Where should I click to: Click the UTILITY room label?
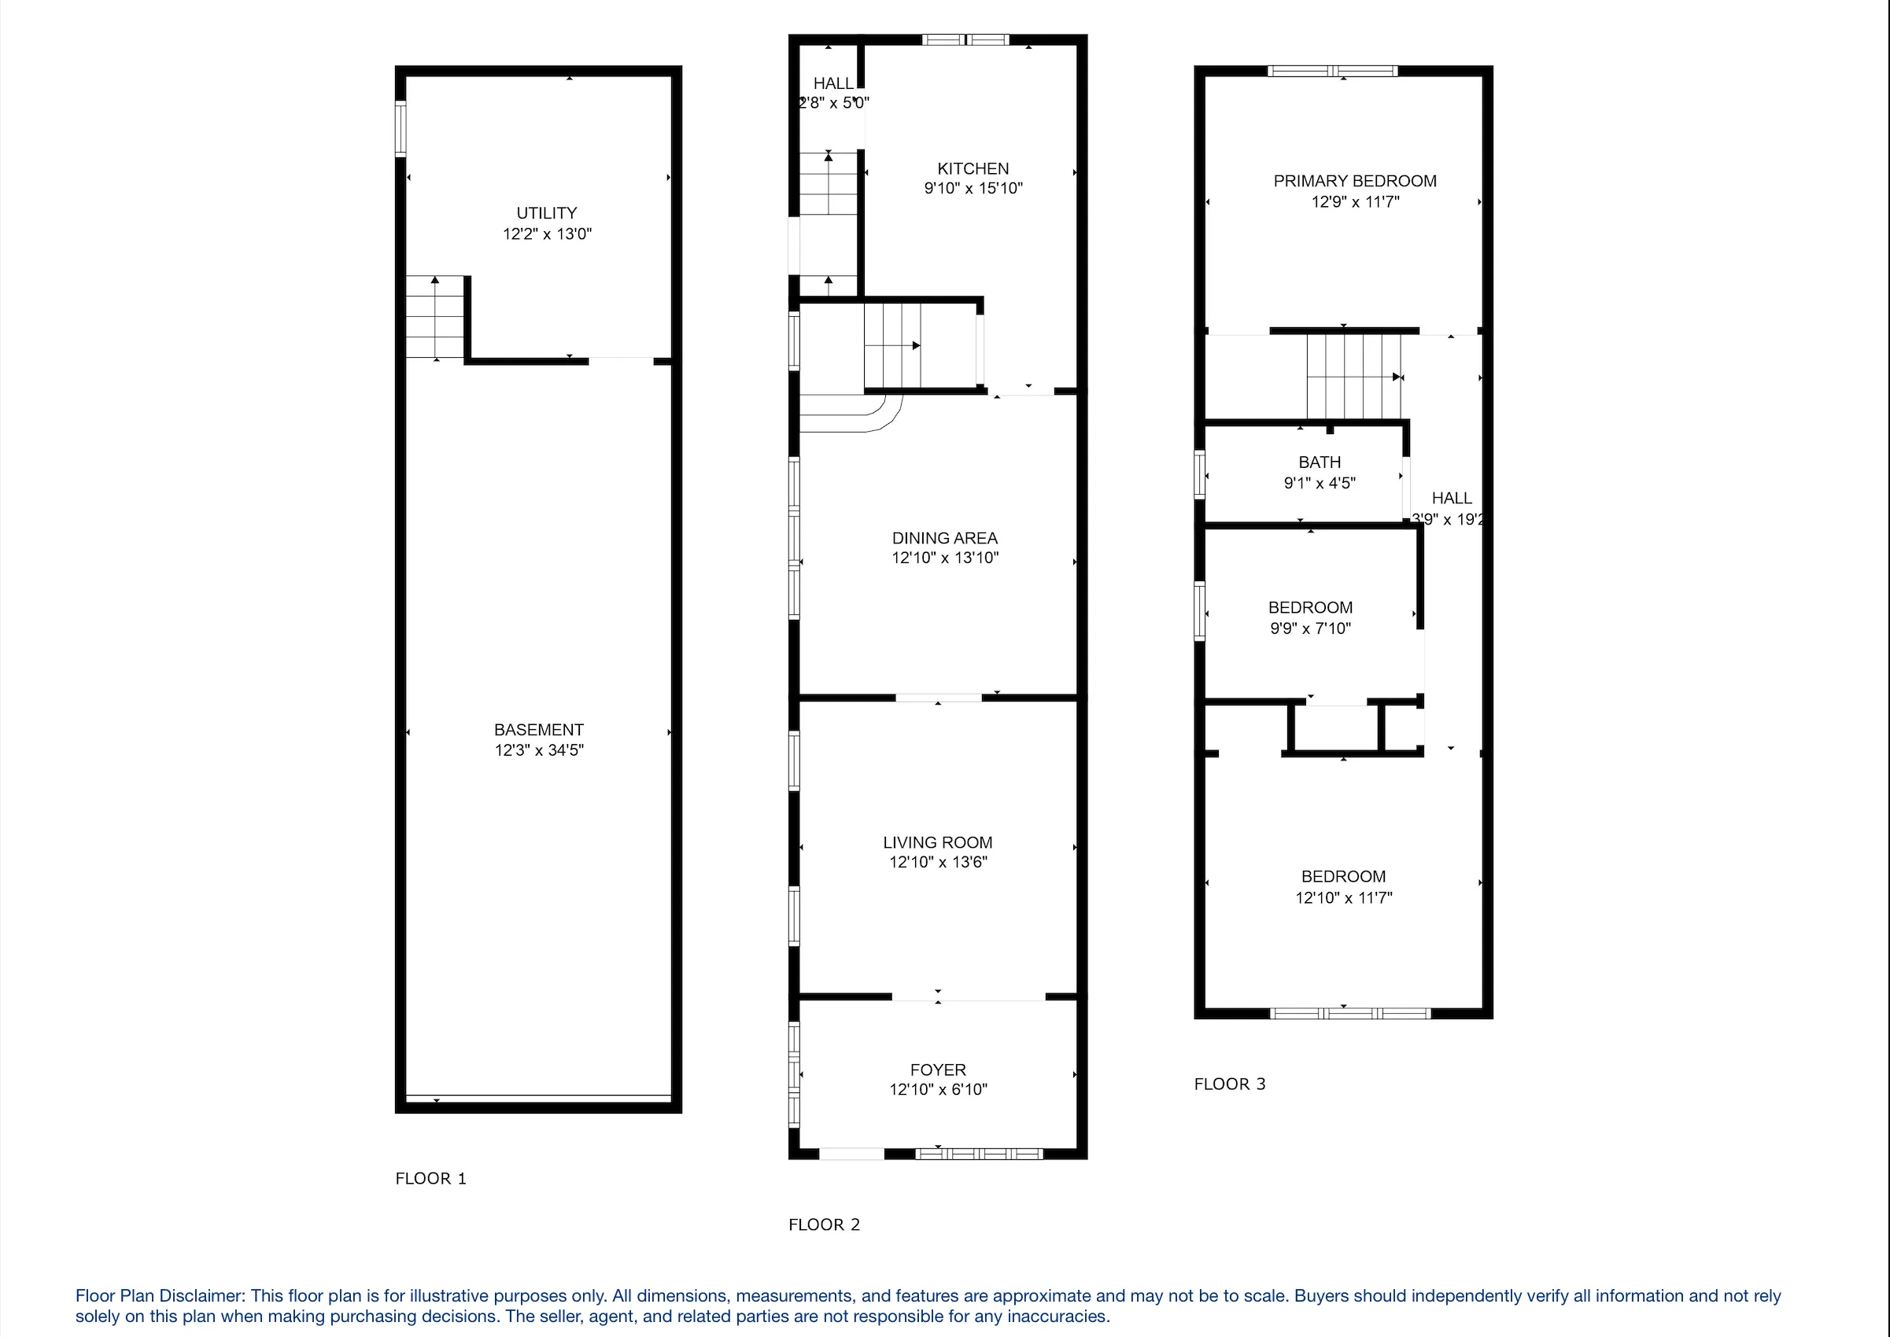(x=546, y=212)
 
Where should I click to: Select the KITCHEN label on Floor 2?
(x=973, y=168)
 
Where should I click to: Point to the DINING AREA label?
(x=944, y=538)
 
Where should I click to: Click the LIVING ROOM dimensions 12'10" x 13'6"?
(x=938, y=862)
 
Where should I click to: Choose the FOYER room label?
(x=938, y=1070)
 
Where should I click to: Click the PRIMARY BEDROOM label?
(x=1355, y=181)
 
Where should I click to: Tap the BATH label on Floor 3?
(x=1320, y=462)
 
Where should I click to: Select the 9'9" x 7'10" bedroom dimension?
(x=1309, y=628)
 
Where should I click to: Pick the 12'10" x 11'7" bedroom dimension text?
(x=1343, y=897)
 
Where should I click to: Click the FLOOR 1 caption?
(x=430, y=1178)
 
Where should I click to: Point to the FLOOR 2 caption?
(x=824, y=1225)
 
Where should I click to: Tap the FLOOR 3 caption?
(x=1230, y=1084)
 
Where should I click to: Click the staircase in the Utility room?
(x=435, y=318)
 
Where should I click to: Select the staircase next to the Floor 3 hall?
(x=1353, y=377)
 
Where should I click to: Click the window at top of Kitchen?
(x=965, y=39)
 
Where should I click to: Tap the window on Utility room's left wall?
(x=401, y=128)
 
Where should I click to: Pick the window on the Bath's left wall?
(x=1200, y=474)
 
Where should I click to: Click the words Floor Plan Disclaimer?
(x=160, y=1296)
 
